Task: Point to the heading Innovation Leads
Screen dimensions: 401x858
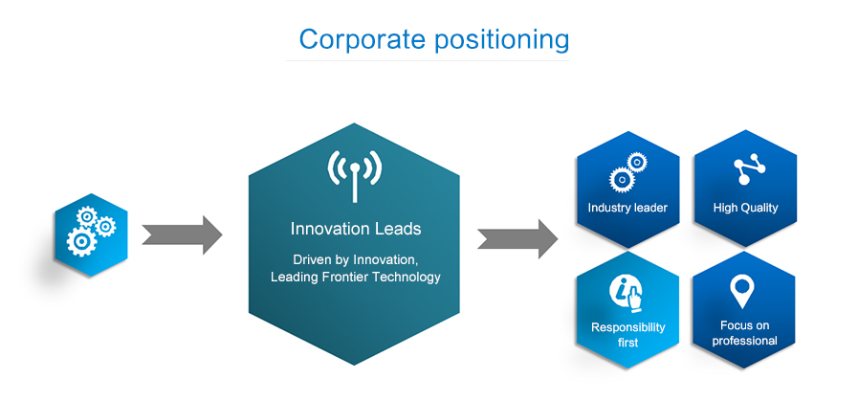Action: click(355, 230)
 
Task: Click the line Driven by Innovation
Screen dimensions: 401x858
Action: click(355, 259)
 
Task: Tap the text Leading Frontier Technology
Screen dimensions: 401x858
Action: click(355, 278)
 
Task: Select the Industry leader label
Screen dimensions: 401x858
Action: click(627, 208)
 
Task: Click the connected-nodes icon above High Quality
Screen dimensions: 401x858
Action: click(744, 171)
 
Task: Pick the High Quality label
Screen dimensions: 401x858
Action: click(745, 208)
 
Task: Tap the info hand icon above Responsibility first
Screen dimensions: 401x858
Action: click(627, 292)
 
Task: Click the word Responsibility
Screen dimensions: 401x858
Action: click(627, 327)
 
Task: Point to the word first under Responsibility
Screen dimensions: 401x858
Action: click(627, 343)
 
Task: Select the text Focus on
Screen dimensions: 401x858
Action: click(744, 325)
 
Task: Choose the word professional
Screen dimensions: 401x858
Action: click(744, 341)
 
